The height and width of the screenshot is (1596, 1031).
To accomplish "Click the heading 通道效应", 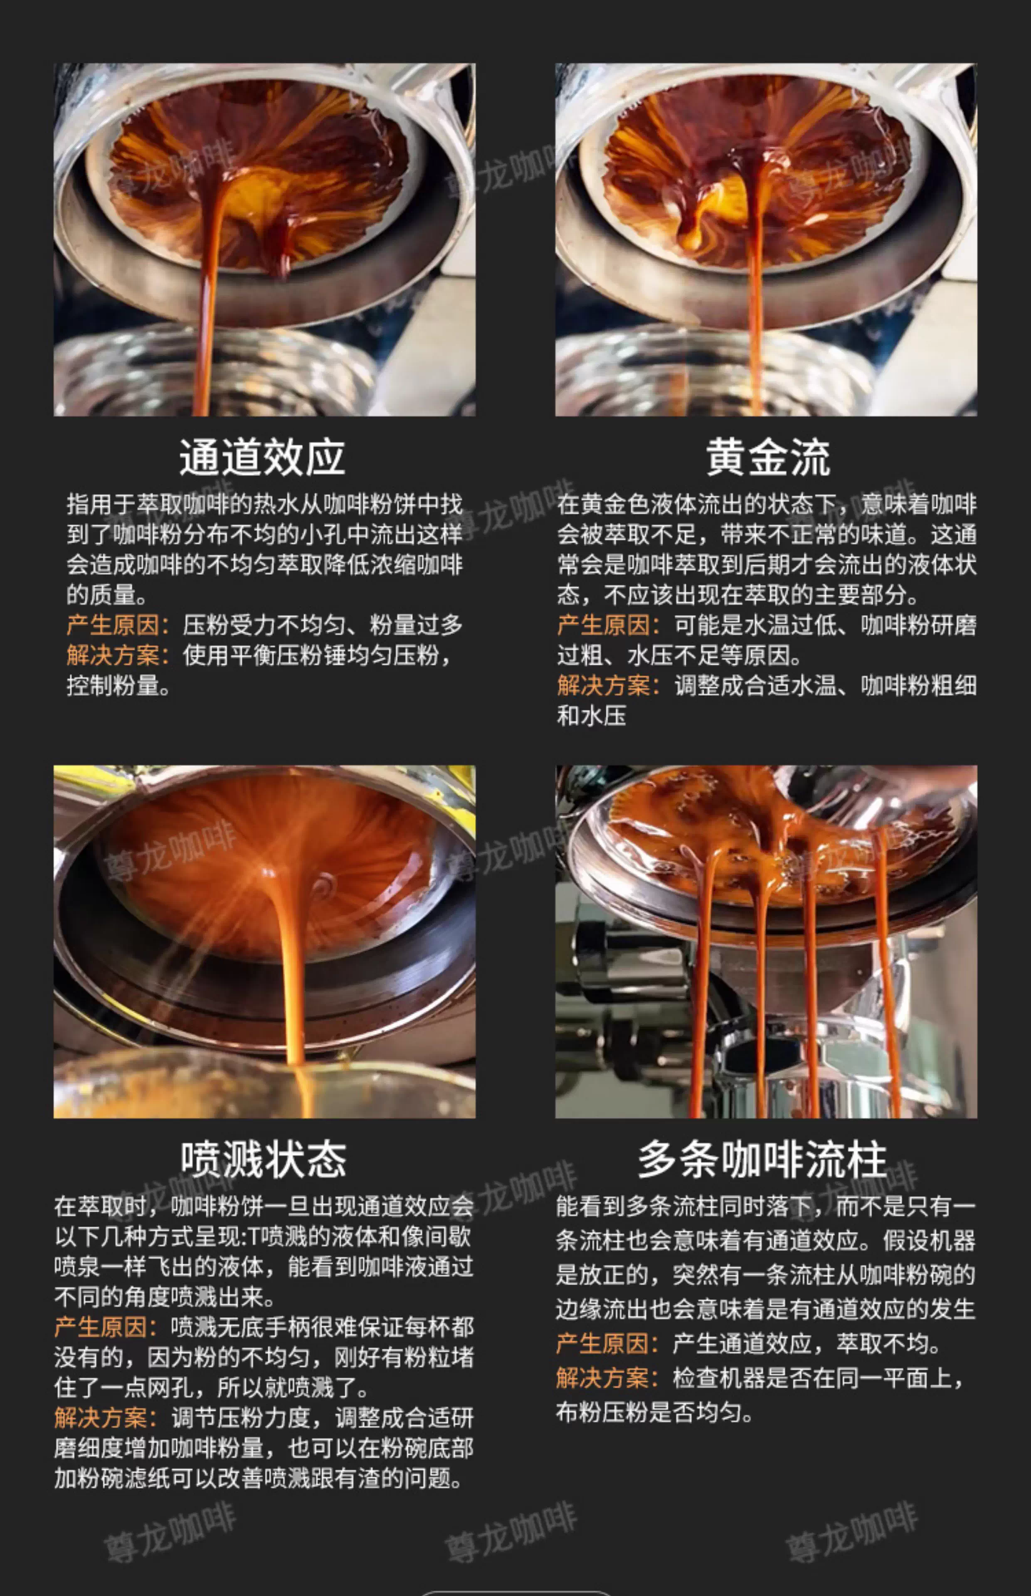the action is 262,458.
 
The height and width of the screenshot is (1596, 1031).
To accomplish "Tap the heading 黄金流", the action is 767,458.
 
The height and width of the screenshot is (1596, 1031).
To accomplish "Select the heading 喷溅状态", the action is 263,1160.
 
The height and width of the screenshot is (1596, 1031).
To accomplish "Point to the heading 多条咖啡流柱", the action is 762,1160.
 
